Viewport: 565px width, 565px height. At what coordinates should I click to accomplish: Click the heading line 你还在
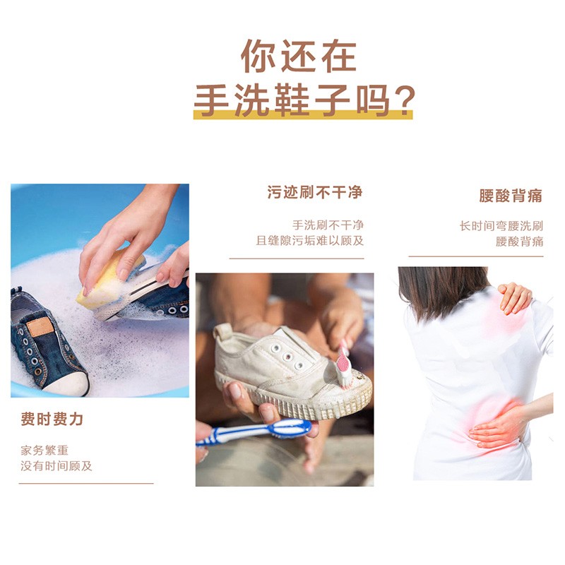coord(298,56)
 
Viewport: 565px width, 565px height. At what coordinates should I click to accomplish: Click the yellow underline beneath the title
coord(303,114)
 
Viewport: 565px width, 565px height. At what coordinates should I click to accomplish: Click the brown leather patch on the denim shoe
coord(40,327)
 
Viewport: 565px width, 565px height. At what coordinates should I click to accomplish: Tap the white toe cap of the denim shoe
coord(68,384)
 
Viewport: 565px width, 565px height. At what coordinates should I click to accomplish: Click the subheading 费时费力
coord(52,419)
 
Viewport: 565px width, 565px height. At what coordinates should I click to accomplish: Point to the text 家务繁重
coord(44,450)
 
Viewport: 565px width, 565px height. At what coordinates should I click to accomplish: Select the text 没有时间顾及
coord(56,466)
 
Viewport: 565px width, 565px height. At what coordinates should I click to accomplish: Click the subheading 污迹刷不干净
coord(315,192)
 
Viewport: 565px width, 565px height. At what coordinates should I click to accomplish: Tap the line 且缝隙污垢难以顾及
coord(310,240)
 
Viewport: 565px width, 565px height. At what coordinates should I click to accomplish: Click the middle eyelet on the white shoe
coord(287,357)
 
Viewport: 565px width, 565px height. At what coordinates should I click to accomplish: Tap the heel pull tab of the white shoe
coord(220,331)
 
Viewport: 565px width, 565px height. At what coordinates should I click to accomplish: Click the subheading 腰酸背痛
coord(511,196)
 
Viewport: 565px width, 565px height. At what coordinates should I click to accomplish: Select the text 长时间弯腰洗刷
coord(501,226)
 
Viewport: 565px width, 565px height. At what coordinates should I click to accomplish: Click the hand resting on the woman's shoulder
coord(515,297)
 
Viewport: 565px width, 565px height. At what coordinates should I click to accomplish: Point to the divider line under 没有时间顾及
coord(86,483)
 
